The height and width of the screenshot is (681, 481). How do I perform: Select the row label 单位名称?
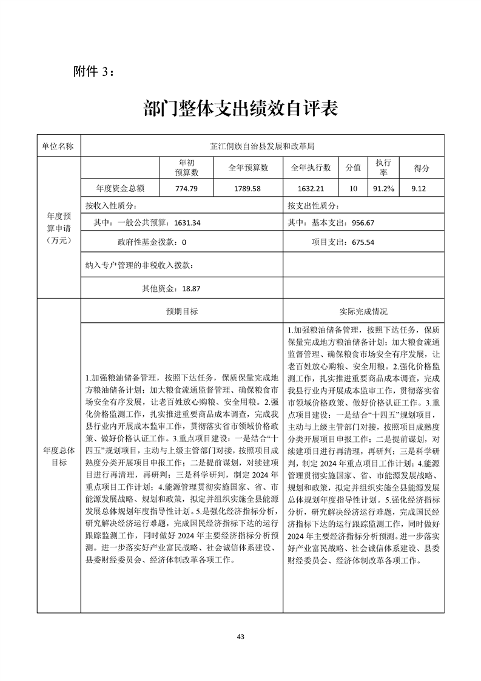tap(58, 146)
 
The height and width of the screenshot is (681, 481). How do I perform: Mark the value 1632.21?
tap(311, 189)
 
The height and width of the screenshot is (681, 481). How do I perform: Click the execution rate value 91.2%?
tap(383, 189)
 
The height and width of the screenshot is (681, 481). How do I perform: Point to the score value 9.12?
tap(419, 189)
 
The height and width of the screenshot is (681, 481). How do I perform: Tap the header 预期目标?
tap(182, 311)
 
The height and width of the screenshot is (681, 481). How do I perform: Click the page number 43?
tap(240, 637)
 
